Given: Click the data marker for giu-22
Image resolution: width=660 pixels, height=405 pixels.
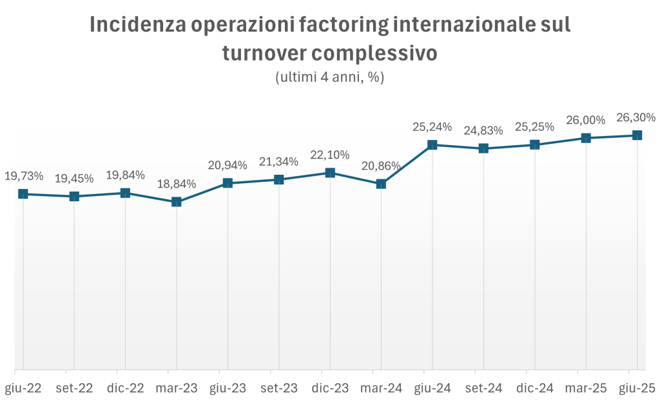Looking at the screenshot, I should click(x=23, y=193).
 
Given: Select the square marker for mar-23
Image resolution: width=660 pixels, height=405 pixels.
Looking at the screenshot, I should click(x=177, y=202).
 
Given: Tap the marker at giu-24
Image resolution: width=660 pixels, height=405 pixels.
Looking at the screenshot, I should click(x=432, y=145).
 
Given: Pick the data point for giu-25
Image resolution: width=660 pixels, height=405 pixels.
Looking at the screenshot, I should click(x=637, y=135).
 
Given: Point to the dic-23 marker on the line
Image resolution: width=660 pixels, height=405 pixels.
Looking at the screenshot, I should click(x=330, y=173).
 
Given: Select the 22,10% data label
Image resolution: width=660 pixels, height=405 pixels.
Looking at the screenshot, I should click(x=330, y=155).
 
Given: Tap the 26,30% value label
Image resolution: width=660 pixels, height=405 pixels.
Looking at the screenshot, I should click(x=636, y=117).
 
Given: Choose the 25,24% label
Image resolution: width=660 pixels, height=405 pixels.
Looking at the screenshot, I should click(x=432, y=127).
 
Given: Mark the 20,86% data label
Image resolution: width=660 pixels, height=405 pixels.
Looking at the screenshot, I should click(x=380, y=166).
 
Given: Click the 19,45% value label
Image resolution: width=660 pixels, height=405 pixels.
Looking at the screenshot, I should click(x=74, y=178).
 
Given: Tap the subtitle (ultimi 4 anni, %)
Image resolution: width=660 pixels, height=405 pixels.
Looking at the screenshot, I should click(x=329, y=77).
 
